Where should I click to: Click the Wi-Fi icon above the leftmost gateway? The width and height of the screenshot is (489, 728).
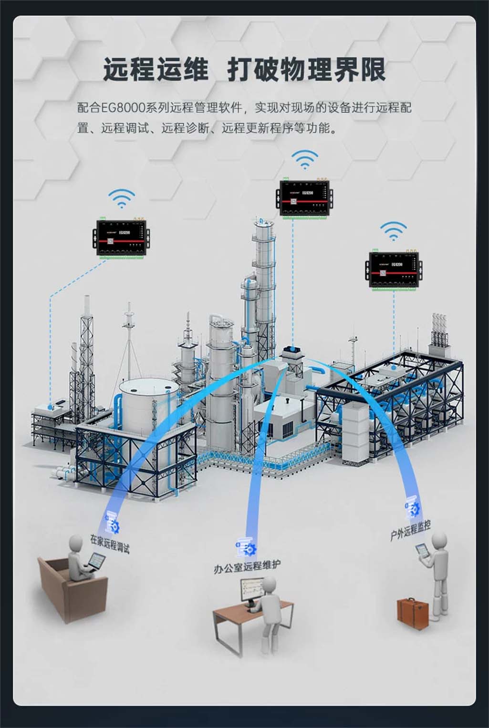point(122,198)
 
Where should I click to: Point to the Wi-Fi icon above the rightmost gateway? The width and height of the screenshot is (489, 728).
point(394,231)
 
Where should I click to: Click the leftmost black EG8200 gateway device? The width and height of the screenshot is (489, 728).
point(122,236)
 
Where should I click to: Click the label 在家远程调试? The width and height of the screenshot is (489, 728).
point(110,543)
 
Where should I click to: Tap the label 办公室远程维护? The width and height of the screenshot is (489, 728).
point(247,567)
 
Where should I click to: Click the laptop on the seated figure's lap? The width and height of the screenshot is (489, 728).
point(95,563)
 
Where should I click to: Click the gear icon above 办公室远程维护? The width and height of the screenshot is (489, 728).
point(246,548)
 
